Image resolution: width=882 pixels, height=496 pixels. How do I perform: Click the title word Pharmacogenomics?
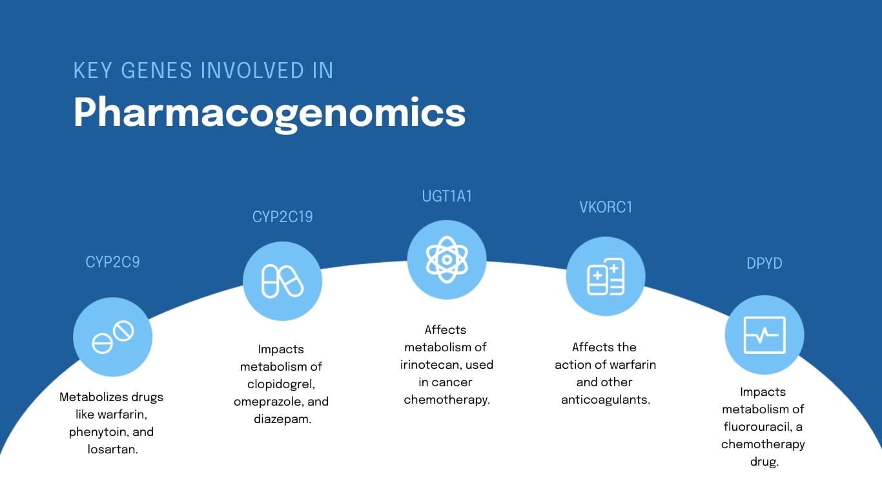(269, 114)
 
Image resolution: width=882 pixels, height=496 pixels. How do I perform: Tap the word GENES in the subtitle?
(156, 71)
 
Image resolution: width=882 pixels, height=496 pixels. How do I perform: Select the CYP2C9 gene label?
(112, 262)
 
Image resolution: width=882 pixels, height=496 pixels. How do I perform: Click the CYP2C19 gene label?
(282, 217)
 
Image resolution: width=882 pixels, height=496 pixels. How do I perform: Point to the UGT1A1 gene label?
(447, 196)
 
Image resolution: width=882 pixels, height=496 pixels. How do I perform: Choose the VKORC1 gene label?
(606, 207)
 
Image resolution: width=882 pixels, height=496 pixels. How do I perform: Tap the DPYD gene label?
(764, 263)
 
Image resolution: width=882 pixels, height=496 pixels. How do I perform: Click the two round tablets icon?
(112, 337)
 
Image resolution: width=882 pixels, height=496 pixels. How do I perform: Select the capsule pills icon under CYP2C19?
(282, 281)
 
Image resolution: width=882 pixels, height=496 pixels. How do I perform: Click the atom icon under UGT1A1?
(447, 260)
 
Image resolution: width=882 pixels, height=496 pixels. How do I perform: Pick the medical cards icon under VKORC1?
(606, 276)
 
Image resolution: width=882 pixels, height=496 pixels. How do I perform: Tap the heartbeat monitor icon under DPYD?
(764, 335)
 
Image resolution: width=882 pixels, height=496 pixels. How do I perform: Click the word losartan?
(112, 449)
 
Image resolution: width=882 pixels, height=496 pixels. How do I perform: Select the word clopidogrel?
(281, 384)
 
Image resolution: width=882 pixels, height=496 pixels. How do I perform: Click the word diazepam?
(282, 419)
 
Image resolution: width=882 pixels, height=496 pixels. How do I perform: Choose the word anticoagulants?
(605, 400)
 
